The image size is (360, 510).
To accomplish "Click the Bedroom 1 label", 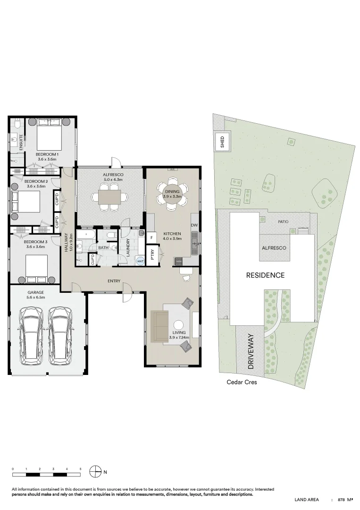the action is [x=47, y=154].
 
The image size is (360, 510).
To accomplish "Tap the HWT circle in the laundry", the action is [x=140, y=261].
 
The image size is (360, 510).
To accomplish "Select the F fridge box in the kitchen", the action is [x=152, y=238].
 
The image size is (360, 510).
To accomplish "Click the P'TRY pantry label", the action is [x=152, y=254].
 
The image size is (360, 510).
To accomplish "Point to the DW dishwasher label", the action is [x=194, y=225].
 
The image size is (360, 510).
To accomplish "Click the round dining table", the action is [x=172, y=194].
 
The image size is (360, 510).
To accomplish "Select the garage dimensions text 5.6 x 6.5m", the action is [x=36, y=297].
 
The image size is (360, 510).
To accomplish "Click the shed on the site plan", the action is [x=223, y=141].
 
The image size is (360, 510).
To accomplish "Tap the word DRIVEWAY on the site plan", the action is [x=251, y=351].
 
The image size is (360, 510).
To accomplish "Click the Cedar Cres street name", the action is [x=242, y=382].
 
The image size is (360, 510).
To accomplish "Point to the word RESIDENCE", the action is [x=265, y=275].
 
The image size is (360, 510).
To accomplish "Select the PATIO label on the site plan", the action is [x=283, y=222].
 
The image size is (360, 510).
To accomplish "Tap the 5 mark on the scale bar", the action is [x=80, y=469].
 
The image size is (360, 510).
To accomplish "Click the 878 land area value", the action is [x=341, y=499].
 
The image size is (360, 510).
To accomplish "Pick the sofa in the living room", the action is [x=159, y=326].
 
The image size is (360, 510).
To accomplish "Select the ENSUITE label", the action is [x=21, y=142].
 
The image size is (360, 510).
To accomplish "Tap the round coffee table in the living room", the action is [x=178, y=325].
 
